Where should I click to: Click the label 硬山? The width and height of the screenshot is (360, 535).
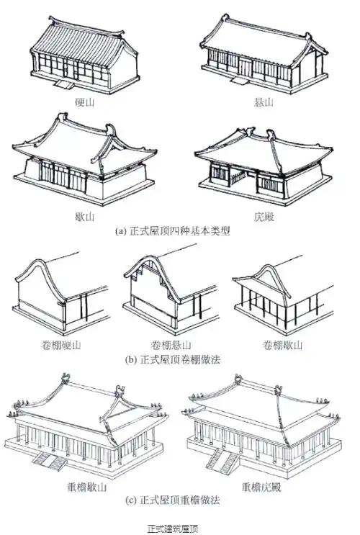click(x=84, y=102)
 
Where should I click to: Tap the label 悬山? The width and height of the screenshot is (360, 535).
click(x=264, y=102)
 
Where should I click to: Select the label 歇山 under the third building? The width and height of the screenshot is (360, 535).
click(x=84, y=217)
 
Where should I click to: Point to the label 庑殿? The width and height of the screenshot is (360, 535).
click(x=264, y=217)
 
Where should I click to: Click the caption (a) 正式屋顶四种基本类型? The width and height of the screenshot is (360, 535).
click(x=173, y=231)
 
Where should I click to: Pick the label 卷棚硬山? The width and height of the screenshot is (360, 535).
click(x=61, y=346)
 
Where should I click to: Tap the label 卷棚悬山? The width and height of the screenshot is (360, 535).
click(x=171, y=346)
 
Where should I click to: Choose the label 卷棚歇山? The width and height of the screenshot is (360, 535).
click(x=282, y=346)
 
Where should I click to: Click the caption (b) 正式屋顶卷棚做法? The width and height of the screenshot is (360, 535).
click(x=173, y=359)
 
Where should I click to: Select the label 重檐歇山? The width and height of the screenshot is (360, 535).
click(x=87, y=487)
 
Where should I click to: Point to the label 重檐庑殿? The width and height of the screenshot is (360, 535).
click(x=261, y=487)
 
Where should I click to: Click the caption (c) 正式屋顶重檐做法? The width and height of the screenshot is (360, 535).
click(x=173, y=500)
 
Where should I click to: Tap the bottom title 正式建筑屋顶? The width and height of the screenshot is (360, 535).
click(x=173, y=529)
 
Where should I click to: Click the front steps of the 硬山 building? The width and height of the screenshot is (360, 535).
click(x=63, y=84)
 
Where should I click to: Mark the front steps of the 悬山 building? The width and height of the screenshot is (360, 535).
click(x=239, y=81)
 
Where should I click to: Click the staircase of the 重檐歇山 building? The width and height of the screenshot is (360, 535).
click(x=50, y=461)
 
